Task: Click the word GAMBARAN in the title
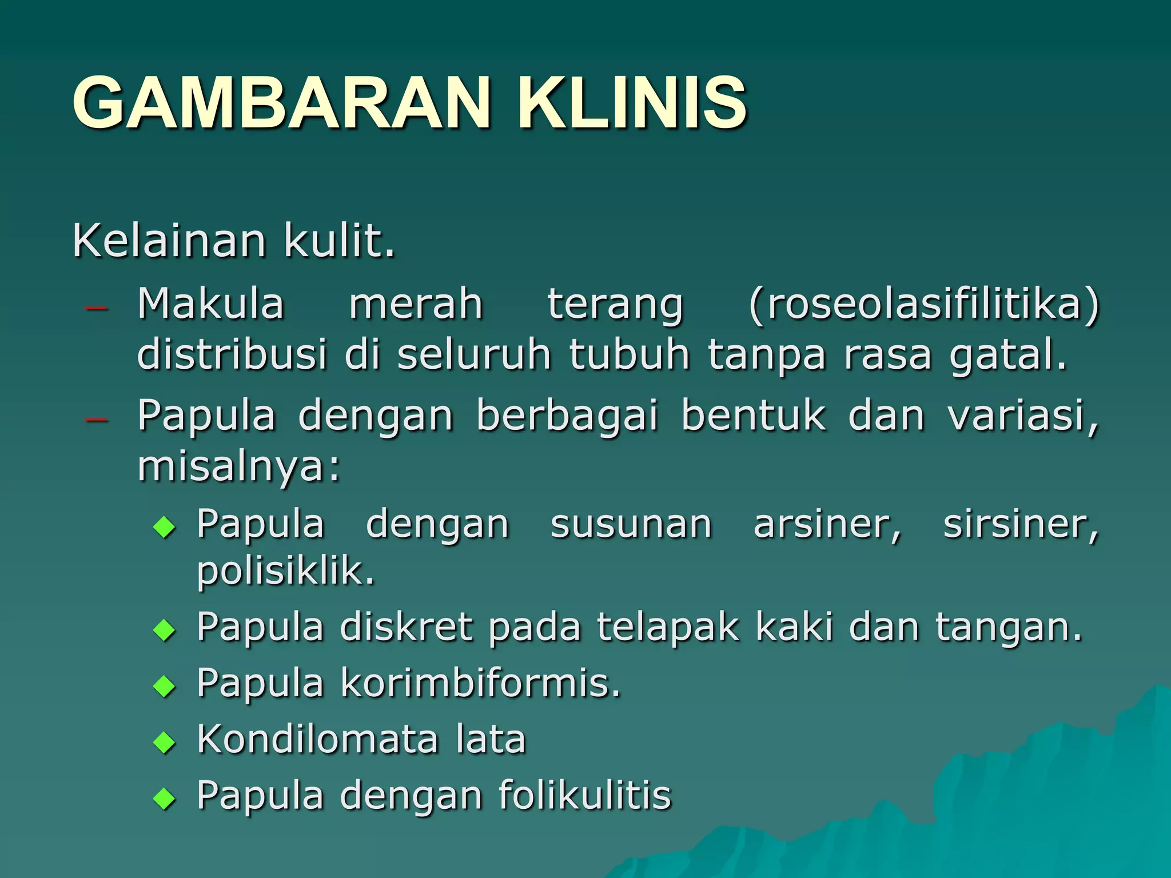coord(280,103)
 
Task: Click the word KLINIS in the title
coord(632,103)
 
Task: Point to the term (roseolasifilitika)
coord(923,304)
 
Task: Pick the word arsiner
coord(827,524)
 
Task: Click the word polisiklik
coord(285,571)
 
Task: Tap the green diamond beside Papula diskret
coord(164,631)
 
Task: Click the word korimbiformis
coord(480,683)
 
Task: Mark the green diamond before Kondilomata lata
coord(164,743)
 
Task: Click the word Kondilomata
coord(318,739)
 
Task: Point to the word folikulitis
coord(584,795)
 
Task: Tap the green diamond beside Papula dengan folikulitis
coord(164,799)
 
